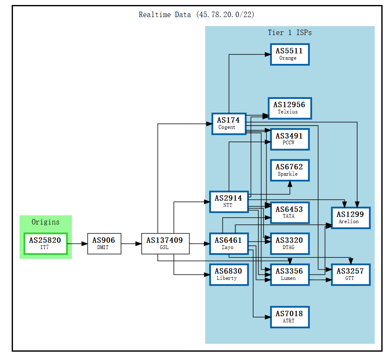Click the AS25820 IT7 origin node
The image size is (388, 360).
click(x=45, y=244)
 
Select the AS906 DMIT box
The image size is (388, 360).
click(x=104, y=244)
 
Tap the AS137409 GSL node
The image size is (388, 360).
click(x=165, y=244)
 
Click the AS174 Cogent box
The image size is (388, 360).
click(x=228, y=123)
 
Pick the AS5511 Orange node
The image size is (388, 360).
click(x=289, y=54)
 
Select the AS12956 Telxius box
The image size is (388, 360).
click(x=289, y=108)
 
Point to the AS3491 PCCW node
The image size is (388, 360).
click(x=289, y=139)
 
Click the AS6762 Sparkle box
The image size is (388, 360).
click(x=289, y=170)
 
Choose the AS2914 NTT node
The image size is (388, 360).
click(x=228, y=201)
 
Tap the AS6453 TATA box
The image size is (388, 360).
click(x=289, y=212)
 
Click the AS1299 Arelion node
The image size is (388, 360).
click(x=350, y=218)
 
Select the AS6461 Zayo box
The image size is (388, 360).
click(x=228, y=244)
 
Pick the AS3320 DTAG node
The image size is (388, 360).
click(x=289, y=244)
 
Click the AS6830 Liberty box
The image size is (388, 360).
click(x=228, y=274)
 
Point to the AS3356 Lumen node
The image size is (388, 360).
click(x=289, y=274)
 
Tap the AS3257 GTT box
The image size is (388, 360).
click(x=350, y=274)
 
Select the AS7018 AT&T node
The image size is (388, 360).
click(x=289, y=317)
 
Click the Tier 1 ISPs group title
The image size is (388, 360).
click(x=289, y=33)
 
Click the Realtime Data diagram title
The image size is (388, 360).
click(x=196, y=15)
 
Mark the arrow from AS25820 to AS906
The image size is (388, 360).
click(x=77, y=244)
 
